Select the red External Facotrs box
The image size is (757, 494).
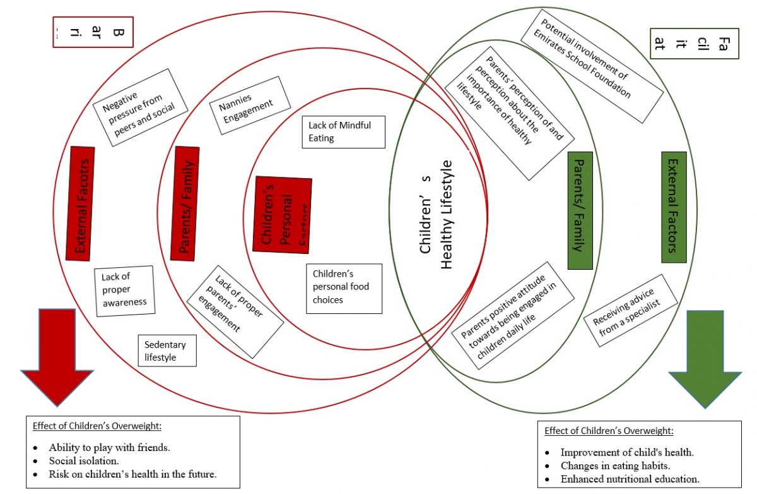(81, 203)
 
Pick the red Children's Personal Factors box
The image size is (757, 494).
(283, 214)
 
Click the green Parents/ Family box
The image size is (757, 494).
(580, 210)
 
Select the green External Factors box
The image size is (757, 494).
(674, 207)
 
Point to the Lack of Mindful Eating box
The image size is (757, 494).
(343, 131)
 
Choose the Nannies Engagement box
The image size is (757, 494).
(246, 105)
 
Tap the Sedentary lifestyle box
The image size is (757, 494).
(167, 351)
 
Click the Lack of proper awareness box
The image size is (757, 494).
(124, 291)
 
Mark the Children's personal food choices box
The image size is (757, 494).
(344, 288)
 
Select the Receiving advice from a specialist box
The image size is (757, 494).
(630, 310)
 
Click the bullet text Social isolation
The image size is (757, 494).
(84, 461)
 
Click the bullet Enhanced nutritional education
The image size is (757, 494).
(630, 479)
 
